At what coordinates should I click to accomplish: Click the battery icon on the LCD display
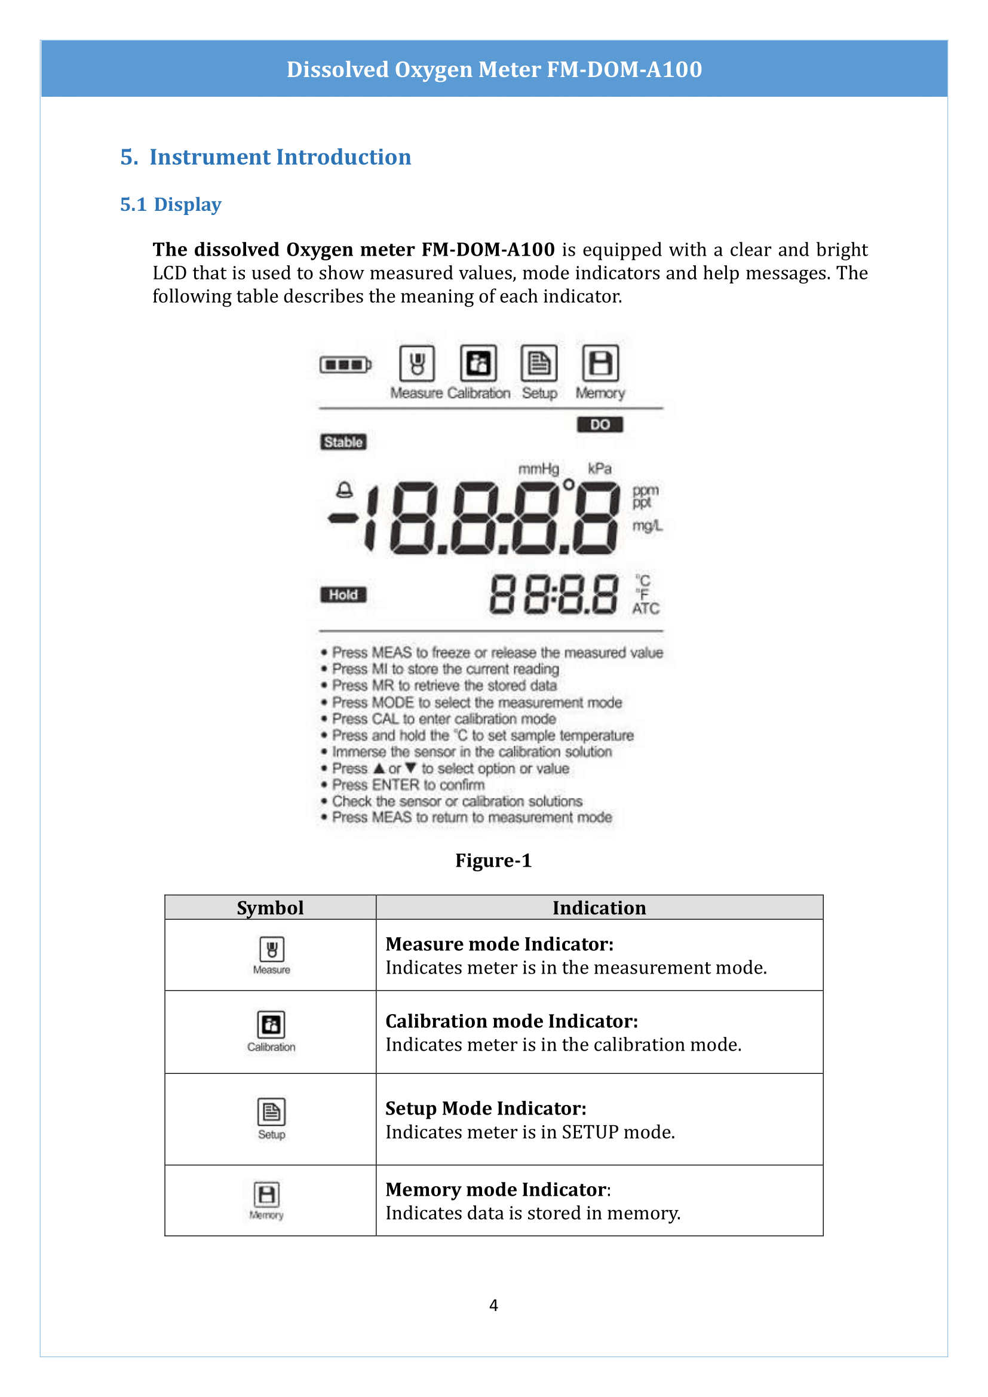(345, 365)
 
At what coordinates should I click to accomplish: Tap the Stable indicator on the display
(343, 442)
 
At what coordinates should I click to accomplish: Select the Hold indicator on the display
(343, 594)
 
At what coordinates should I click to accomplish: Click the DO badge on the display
(599, 424)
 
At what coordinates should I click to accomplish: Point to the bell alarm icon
(344, 490)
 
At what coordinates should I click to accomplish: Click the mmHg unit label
(538, 468)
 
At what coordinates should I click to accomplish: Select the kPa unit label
(599, 468)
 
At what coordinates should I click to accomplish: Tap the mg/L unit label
(647, 525)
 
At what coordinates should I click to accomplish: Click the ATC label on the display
(646, 609)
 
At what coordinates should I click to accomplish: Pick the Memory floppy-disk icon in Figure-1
(600, 363)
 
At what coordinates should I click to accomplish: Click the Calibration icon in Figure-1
(478, 363)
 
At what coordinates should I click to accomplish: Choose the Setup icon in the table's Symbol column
(271, 1112)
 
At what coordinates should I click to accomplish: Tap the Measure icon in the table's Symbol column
(272, 949)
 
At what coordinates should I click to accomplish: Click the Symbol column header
(270, 908)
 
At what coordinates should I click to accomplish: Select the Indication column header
(599, 908)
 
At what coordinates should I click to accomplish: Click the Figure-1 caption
(493, 860)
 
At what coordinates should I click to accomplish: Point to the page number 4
(493, 1305)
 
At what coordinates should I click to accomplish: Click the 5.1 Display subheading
(170, 204)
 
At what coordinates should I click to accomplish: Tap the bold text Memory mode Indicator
(496, 1190)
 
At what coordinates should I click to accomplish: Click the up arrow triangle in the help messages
(379, 769)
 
